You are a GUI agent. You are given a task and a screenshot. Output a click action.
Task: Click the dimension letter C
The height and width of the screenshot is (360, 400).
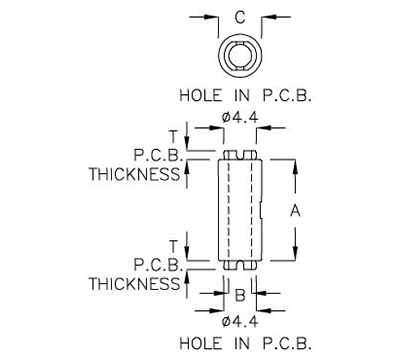[x=239, y=16]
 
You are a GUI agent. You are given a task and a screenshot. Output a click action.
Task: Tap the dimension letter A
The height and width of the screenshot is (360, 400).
[x=296, y=209]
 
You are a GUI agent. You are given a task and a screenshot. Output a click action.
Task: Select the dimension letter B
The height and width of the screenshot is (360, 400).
[x=239, y=296]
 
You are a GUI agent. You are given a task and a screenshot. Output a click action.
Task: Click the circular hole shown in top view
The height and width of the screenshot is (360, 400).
[x=240, y=57]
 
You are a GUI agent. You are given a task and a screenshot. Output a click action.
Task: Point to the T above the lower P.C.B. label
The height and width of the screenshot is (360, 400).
[x=173, y=246]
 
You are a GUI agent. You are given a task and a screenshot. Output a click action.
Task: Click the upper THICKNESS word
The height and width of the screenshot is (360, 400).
[x=133, y=175]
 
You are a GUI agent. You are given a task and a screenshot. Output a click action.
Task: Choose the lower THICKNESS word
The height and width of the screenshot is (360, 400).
[x=133, y=284]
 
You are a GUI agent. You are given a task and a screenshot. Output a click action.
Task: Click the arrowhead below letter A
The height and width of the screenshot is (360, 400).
[x=296, y=254]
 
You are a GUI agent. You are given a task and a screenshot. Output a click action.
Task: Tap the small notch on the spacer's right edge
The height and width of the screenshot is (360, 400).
[x=260, y=210]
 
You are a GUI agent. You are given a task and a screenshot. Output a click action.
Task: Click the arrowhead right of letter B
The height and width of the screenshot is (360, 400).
[x=256, y=296]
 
